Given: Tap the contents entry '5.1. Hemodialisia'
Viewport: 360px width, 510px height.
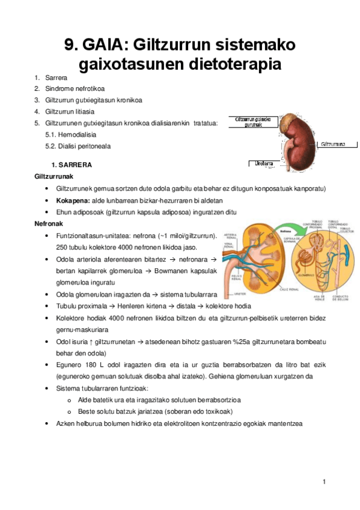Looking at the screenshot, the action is coord(70,135).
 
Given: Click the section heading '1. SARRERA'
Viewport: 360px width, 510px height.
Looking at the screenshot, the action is coord(71,165).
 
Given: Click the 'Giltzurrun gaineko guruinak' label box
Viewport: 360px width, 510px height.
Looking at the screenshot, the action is coord(253,121).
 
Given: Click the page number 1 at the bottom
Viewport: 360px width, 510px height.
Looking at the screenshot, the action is coord(323,482).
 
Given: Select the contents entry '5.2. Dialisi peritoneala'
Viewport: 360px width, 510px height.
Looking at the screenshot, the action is coord(78,146).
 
